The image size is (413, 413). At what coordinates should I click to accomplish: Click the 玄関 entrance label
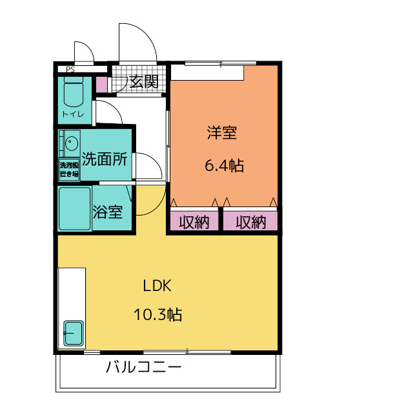pos(144,81)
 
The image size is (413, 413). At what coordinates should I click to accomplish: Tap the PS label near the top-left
pos(70,70)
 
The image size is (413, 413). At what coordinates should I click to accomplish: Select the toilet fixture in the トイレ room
pos(74,92)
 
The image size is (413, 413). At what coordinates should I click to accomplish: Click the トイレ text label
pos(73,114)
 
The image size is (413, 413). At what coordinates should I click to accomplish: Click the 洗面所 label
pos(105,159)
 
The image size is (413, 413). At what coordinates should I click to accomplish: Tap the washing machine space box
pos(69,170)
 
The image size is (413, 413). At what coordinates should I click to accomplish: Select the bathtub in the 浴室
pos(75,208)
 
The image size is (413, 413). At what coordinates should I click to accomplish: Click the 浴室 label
pos(108,212)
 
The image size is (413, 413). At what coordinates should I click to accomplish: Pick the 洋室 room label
pos(222,132)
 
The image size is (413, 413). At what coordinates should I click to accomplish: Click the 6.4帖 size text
pos(225,165)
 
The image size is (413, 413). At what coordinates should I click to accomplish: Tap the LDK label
pos(157,285)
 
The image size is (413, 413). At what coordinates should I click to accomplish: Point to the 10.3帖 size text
pos(157,314)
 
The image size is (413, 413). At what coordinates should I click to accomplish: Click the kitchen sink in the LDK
pos(74,333)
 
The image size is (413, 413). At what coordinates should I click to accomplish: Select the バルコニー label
pos(143,367)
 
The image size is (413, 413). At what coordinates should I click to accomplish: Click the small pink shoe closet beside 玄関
pos(101,85)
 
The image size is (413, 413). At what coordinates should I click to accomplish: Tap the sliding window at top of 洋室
pos(221,63)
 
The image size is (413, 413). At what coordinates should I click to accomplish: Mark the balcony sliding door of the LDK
pos(187,352)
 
